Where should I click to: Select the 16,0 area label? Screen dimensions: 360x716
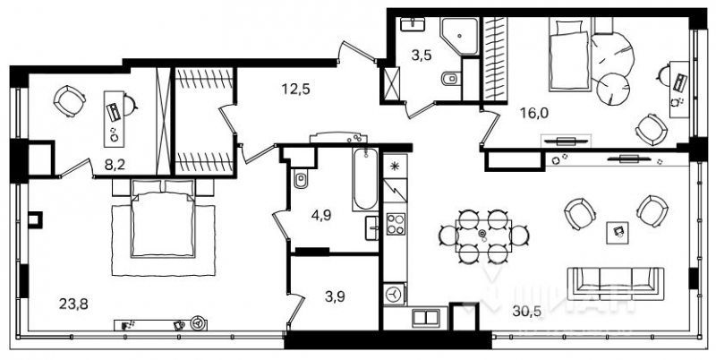point(534,114)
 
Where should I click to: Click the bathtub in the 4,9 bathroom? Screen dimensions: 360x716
point(365,179)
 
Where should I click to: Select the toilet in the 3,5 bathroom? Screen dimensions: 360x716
point(449,80)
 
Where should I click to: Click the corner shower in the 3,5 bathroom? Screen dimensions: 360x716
point(465,34)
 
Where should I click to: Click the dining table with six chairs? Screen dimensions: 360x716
point(483,236)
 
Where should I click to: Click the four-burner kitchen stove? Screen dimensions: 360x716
point(396,220)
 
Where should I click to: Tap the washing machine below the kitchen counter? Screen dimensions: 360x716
point(395,293)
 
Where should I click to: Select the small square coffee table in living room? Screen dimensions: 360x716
point(617,230)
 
